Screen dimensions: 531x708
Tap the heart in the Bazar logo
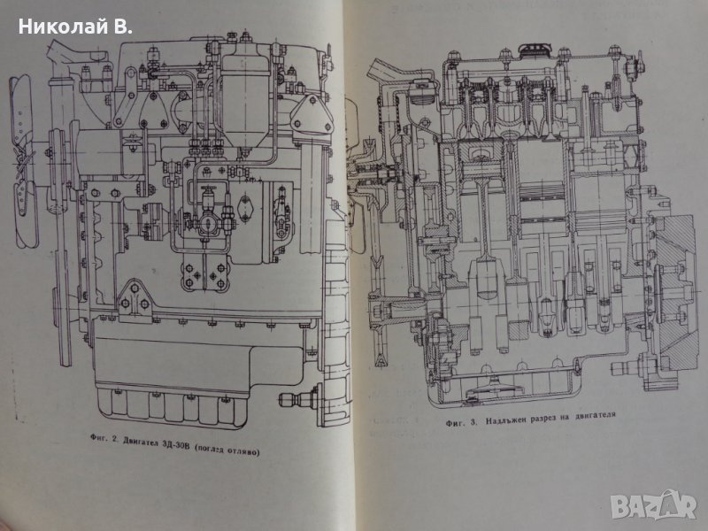click(x=683, y=505)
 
